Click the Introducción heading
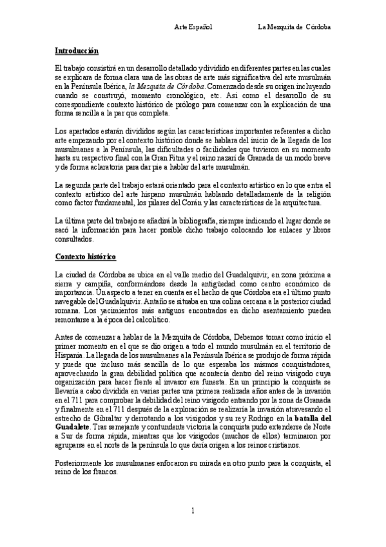click(77, 50)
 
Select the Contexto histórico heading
click(86, 257)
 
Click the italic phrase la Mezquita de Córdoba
click(167, 86)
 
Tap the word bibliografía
click(209, 220)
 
